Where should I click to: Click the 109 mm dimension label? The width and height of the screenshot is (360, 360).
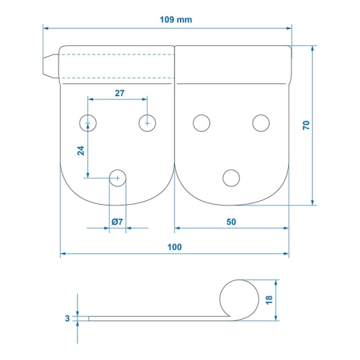coord(176,20)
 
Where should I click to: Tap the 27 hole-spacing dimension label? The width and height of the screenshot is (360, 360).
coord(119,93)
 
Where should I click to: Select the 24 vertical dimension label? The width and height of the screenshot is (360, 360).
coord(80,150)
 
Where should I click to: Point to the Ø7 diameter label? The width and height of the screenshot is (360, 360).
coord(117,222)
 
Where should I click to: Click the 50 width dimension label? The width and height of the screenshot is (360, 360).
coord(231,222)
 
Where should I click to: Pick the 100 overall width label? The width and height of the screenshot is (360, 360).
coord(174,247)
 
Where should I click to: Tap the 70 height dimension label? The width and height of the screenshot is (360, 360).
coord(306,125)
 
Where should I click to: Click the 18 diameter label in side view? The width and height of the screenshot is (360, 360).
coord(269,300)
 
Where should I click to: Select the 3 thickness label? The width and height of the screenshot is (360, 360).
coord(67,318)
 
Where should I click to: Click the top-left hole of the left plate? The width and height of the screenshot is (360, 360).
coord(88,123)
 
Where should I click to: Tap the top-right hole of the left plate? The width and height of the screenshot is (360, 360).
coord(148,123)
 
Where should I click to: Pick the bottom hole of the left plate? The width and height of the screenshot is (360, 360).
coord(117,178)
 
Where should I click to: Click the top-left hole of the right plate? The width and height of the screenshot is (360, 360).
coord(201,123)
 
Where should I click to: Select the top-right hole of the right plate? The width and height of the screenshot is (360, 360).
coord(261,123)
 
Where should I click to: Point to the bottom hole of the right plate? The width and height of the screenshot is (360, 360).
coord(231,178)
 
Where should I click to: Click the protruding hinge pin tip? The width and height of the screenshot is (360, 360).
coord(51,66)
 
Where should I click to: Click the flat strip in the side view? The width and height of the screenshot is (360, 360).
coord(159,318)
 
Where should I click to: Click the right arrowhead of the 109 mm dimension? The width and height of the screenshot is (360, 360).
coord(289,28)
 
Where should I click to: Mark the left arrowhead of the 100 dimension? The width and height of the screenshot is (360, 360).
coord(63,253)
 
